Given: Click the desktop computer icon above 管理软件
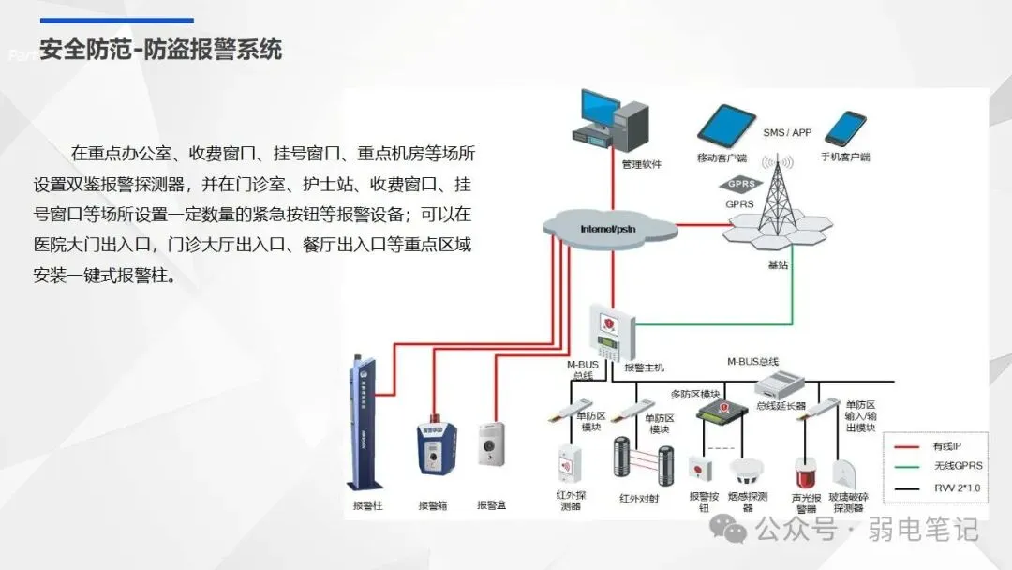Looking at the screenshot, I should point(614,120).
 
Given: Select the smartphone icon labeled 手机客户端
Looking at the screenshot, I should point(844,128).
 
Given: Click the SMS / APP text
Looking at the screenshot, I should point(787,133).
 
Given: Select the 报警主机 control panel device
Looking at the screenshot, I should point(610,333).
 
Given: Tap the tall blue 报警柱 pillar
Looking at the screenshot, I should point(363,422).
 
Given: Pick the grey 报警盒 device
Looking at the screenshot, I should point(491,446).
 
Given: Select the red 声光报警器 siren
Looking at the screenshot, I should point(805,473).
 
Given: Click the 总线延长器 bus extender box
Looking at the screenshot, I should point(781,383).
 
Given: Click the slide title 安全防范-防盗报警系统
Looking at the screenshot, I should point(161,49).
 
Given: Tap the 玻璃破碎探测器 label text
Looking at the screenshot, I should point(848,502).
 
